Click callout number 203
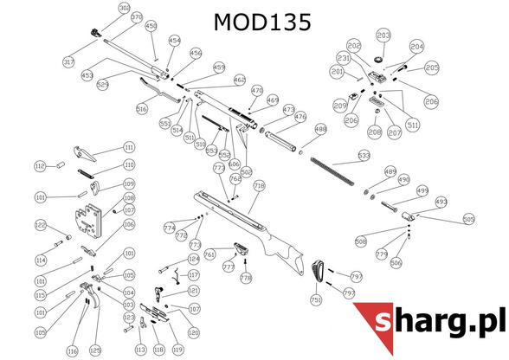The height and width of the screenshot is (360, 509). [383, 35]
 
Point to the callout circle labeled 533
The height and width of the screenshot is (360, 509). [364, 156]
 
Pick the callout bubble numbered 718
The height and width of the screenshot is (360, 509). [258, 186]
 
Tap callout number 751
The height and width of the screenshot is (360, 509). [316, 299]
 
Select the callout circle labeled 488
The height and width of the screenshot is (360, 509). [320, 130]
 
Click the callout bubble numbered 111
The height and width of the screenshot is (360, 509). [129, 147]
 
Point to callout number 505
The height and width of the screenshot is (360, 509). [468, 220]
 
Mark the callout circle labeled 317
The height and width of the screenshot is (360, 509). [69, 62]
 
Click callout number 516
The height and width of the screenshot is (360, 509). [142, 109]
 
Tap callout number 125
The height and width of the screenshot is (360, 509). [95, 350]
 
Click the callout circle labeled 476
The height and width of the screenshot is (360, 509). [300, 117]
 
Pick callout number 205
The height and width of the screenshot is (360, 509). [432, 68]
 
